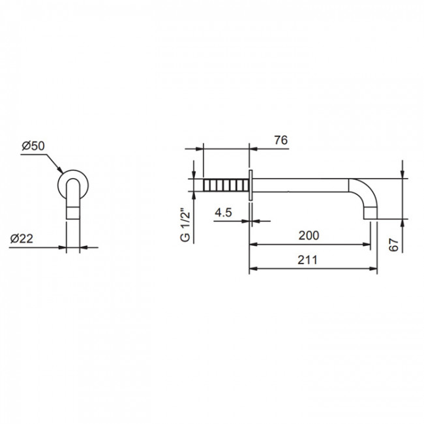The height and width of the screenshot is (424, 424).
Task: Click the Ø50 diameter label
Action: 33,146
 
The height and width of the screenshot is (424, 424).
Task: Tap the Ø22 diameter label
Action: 22,239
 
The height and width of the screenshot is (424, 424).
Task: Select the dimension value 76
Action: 281,140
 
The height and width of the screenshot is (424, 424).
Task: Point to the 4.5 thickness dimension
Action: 223,213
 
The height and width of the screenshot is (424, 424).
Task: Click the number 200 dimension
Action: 309,235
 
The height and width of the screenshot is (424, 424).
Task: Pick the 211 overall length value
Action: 307,260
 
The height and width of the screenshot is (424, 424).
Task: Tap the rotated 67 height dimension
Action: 394,245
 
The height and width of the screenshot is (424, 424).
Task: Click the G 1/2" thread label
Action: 185,225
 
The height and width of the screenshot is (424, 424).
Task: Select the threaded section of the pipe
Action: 226,185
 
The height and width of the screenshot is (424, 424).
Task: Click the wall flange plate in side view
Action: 250,185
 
